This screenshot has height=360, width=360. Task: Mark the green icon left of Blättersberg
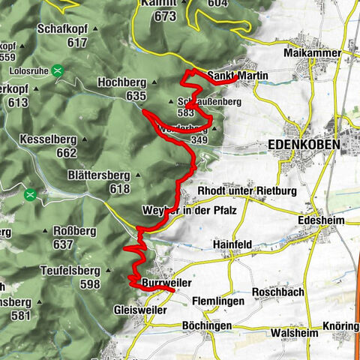point(30,195)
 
